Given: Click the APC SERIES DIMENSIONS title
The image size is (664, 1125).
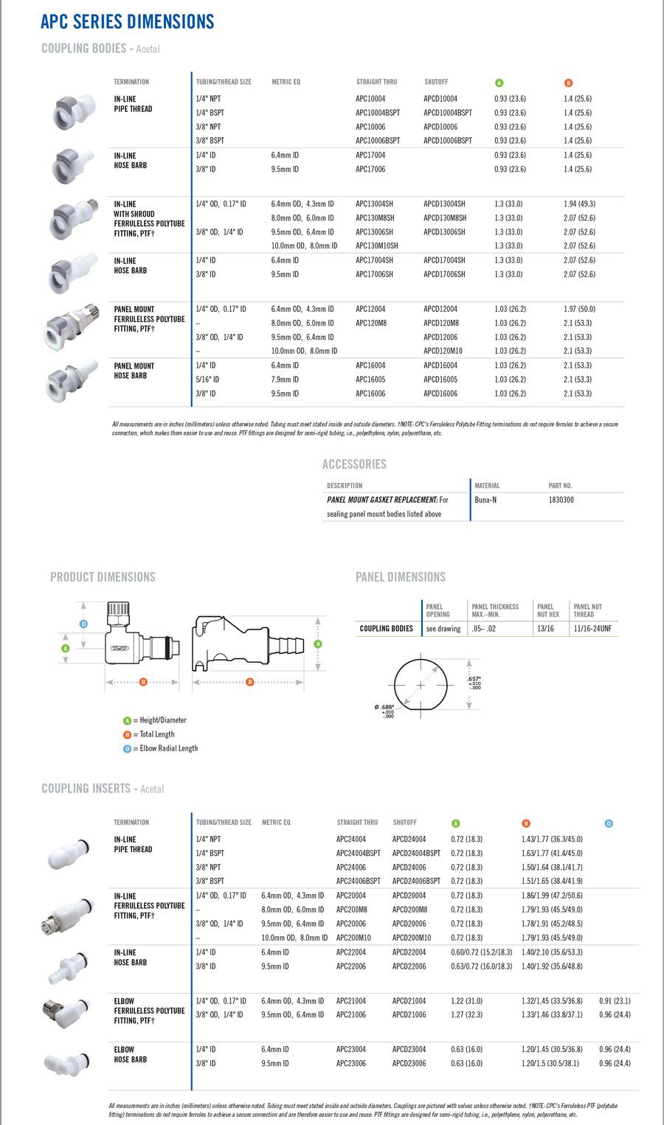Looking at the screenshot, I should click(127, 21).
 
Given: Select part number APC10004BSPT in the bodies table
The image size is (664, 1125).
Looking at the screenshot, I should click(378, 113).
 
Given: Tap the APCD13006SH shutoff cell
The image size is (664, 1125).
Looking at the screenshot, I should click(444, 232).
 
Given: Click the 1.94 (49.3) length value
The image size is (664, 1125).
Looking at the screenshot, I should click(579, 204).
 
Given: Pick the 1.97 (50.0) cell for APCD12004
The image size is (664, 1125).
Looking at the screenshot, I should click(579, 310).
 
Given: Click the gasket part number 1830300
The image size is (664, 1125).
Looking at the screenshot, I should click(561, 500).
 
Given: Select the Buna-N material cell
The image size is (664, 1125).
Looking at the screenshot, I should click(485, 500).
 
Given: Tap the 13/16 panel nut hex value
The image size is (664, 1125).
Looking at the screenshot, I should click(545, 629).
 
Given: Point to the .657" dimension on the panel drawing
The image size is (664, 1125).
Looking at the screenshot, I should click(474, 679).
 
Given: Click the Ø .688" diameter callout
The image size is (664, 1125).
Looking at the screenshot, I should click(385, 708).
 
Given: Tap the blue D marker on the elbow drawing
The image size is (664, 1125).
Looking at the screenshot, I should click(83, 624).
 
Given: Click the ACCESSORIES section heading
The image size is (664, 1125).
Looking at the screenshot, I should click(354, 464).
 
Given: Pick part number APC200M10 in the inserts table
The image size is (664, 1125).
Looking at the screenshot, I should click(353, 938).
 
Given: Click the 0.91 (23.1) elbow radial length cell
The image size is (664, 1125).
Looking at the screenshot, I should click(615, 1001).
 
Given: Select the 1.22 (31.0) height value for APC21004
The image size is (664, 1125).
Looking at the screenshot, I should click(466, 1001).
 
